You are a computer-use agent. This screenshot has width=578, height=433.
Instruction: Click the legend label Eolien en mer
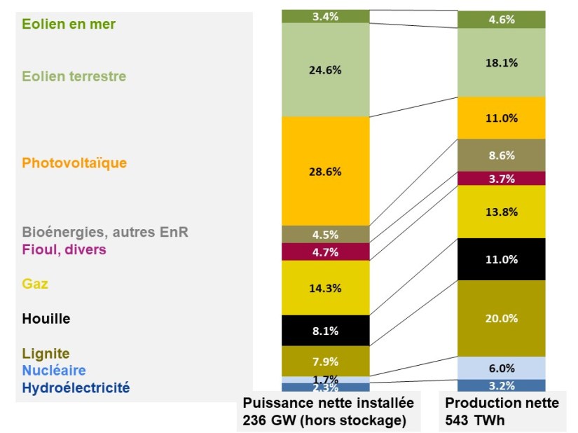(x=69, y=24)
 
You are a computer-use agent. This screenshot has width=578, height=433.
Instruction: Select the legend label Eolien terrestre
(x=74, y=76)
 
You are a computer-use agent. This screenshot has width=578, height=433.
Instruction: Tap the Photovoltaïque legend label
(x=74, y=163)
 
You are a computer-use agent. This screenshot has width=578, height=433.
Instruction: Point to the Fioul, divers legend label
(x=64, y=249)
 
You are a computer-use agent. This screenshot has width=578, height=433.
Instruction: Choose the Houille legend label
(x=46, y=319)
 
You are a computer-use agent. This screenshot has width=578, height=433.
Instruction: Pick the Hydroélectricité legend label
(x=76, y=387)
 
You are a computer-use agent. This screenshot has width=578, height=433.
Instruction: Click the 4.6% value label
(x=502, y=20)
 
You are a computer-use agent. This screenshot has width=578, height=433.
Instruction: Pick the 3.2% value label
(x=502, y=385)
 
